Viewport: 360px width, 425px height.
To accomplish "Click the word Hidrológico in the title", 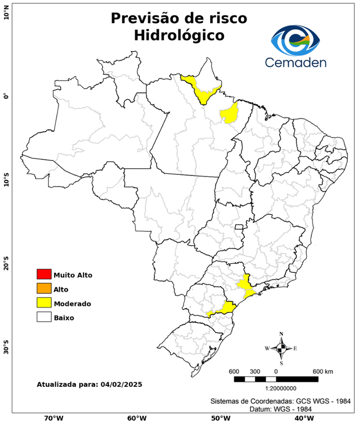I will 179,35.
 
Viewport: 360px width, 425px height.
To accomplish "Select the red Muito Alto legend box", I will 44,274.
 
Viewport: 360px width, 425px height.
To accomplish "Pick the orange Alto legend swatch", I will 44,288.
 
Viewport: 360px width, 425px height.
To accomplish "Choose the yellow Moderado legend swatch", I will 44,303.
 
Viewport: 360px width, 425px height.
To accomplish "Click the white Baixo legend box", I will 44,317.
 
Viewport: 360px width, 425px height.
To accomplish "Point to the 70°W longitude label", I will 53,418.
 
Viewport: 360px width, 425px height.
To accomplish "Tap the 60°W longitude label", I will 137,418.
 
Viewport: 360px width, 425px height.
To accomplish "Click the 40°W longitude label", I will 303,418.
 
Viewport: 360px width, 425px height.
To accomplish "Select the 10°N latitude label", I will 7,12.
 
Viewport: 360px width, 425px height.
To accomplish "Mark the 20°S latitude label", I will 7,264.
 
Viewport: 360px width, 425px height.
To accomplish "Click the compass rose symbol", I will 281,348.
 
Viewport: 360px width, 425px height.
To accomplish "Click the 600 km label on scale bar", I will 323,371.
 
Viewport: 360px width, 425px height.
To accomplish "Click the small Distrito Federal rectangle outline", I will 239,227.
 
